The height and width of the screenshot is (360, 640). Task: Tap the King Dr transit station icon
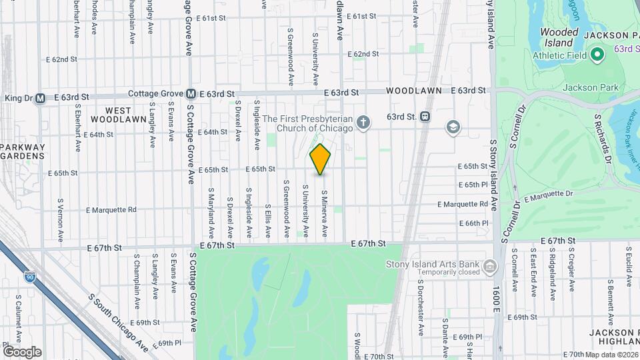coord(40,98)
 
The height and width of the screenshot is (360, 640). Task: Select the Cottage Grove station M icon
coord(191,94)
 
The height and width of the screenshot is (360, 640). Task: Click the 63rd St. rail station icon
coord(425,117)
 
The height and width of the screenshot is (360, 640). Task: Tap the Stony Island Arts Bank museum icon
coord(491,267)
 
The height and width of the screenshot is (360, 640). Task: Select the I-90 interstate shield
coord(29,275)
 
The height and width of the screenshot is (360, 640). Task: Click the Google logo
coord(21,351)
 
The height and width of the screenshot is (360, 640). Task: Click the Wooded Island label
coord(559,37)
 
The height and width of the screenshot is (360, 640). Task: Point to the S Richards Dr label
coord(603,137)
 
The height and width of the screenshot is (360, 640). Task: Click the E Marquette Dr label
coord(548,194)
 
